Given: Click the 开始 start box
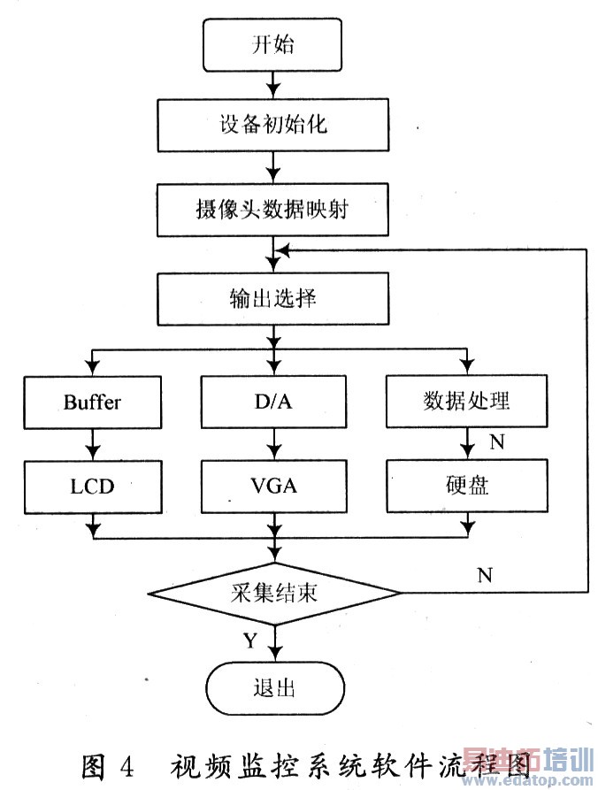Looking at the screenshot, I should point(272,45).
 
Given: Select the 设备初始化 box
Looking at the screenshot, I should point(272,125).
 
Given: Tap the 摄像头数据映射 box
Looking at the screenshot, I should point(272,212).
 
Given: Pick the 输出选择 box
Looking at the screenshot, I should point(272,298).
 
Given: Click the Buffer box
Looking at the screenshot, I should point(92,402).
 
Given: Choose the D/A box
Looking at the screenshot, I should point(272,402).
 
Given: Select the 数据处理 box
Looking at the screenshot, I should point(466,402).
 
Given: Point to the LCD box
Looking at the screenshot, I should point(92,485).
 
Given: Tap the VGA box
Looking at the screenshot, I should point(272,485).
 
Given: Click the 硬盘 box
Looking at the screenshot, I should point(466,485).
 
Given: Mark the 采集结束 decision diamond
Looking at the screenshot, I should point(272,592).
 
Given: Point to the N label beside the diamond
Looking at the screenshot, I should point(485,575).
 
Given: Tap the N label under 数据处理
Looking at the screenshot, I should point(496,442).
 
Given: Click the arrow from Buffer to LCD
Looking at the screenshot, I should point(92,443).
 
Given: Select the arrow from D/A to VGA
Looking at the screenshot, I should point(272,443).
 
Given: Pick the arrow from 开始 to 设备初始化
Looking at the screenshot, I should point(272,85).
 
